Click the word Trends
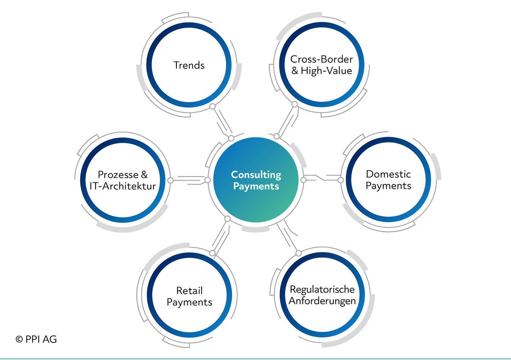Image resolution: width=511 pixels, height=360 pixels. [x=189, y=65]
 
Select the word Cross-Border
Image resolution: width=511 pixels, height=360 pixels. [x=321, y=59]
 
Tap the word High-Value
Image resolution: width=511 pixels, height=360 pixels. [x=326, y=71]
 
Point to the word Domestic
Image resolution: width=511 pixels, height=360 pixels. [x=388, y=174]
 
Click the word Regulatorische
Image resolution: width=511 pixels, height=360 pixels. [x=322, y=289]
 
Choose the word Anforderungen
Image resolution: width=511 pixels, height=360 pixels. [x=322, y=301]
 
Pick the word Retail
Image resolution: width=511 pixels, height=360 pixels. [x=189, y=291]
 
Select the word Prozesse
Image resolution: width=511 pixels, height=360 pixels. [x=118, y=175]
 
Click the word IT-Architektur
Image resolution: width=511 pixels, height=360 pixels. [x=122, y=186]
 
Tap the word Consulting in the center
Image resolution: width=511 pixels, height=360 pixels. [x=256, y=175]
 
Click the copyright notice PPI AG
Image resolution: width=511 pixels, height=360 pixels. [x=36, y=339]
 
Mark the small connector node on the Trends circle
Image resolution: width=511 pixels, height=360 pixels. [x=212, y=106]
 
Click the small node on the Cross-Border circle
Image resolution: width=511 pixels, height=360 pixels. [x=295, y=104]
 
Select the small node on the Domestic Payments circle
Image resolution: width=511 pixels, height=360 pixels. [x=340, y=180]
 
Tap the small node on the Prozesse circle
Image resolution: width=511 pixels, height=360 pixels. [x=171, y=180]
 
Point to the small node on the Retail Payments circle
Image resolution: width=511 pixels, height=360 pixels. [x=212, y=253]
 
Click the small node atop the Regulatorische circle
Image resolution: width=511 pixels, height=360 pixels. [x=299, y=253]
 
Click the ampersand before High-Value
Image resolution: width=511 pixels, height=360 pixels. [x=295, y=71]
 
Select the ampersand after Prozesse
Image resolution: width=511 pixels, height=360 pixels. [x=144, y=175]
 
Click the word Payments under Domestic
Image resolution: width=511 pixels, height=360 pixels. [x=388, y=186]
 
